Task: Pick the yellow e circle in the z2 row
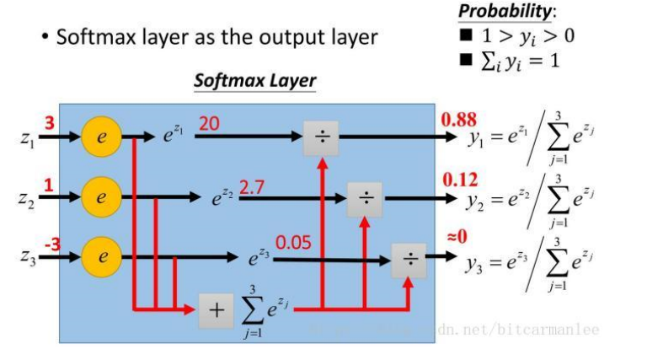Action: [x=101, y=198]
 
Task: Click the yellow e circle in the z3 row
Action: [x=101, y=256]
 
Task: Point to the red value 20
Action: [x=209, y=123]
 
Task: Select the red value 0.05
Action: [x=293, y=243]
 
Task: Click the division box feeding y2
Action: [x=365, y=198]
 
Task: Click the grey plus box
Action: [x=217, y=310]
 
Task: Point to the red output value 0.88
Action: [x=459, y=120]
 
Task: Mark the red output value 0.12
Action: [x=460, y=179]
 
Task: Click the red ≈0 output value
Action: [x=456, y=239]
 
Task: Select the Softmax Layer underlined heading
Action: [x=254, y=81]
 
